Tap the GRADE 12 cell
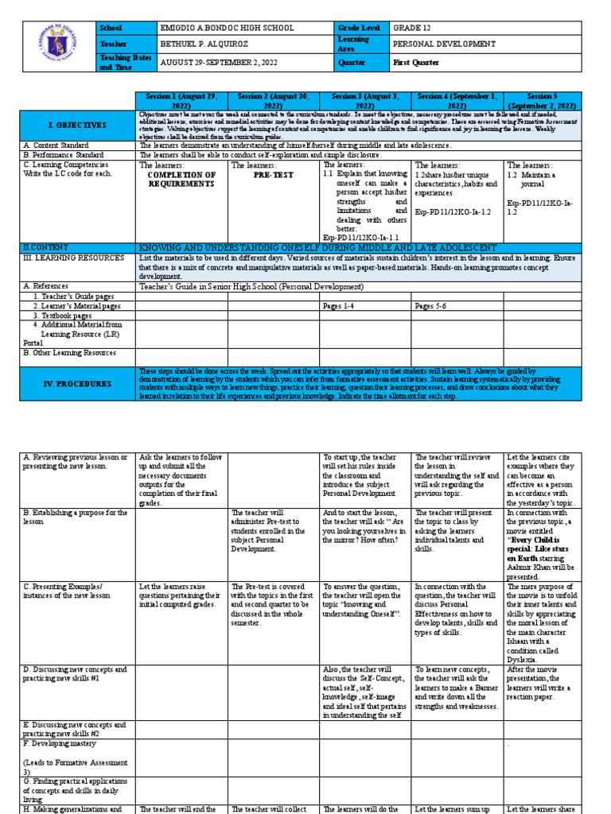413,28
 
